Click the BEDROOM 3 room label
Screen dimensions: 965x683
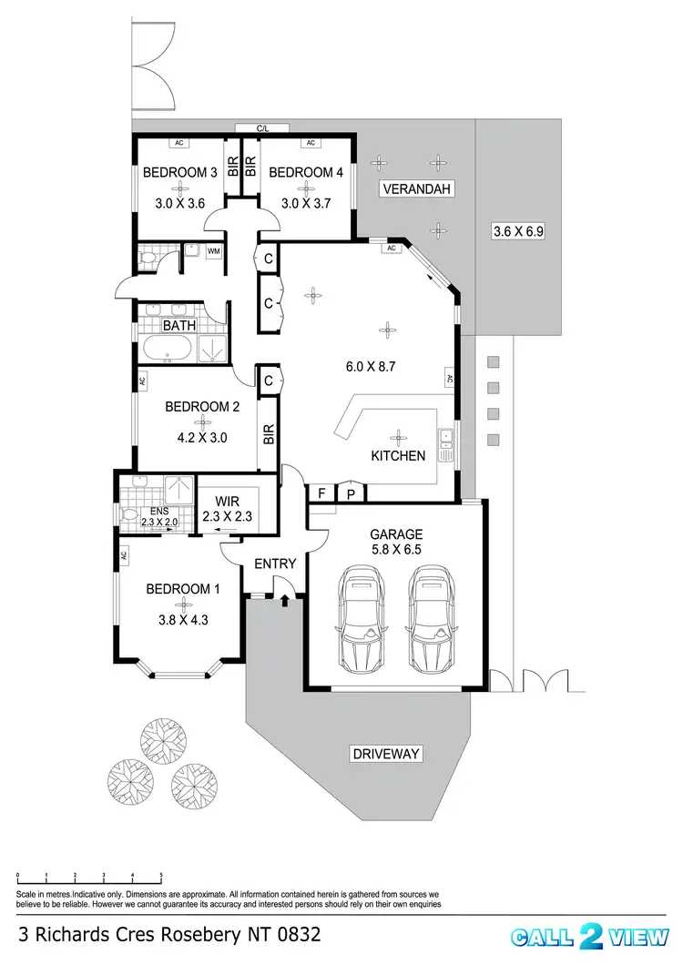(x=179, y=172)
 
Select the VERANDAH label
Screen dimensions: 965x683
(x=416, y=189)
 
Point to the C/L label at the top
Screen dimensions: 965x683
(x=262, y=129)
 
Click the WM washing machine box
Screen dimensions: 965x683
(x=215, y=251)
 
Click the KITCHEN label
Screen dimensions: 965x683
(x=398, y=455)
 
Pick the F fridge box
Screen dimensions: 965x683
(x=321, y=493)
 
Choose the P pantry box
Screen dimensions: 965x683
(x=351, y=493)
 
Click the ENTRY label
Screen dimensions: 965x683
(x=275, y=564)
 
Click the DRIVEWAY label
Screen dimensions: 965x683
(x=385, y=753)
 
